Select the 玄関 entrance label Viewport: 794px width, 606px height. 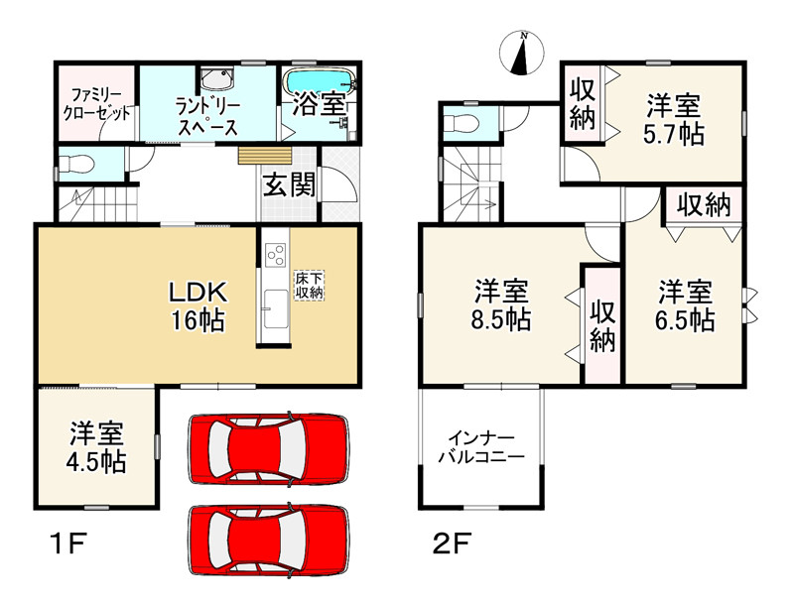[289, 183]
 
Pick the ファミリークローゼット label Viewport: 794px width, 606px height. [96, 102]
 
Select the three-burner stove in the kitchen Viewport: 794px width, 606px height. [274, 254]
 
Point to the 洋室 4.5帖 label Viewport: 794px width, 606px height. [97, 448]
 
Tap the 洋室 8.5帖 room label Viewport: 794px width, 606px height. [501, 304]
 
